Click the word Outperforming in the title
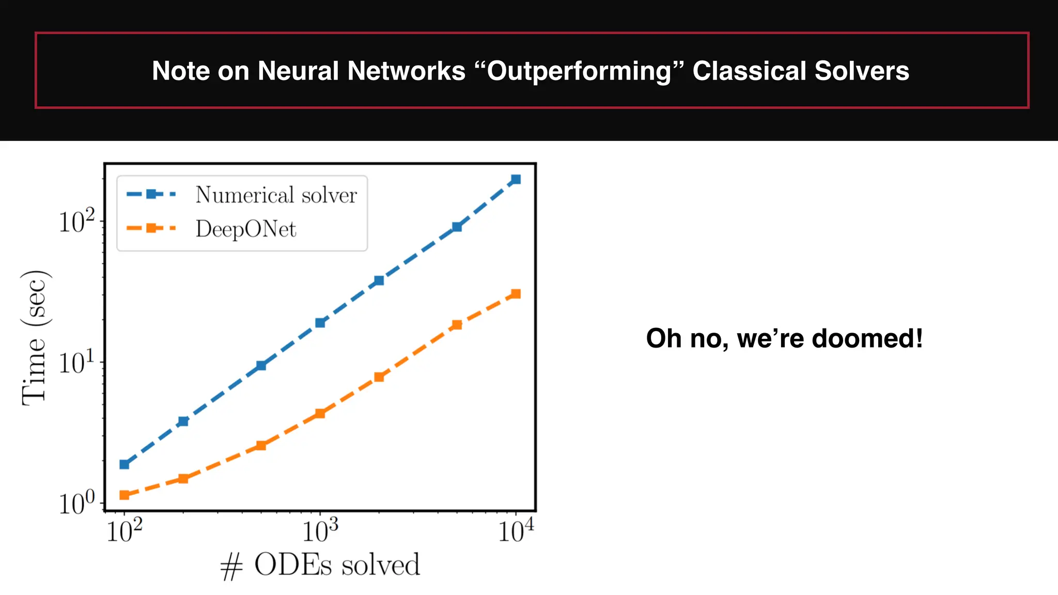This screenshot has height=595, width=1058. coord(579,71)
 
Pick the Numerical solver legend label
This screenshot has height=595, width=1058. coord(276,195)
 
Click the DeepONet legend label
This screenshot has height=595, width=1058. coord(246,229)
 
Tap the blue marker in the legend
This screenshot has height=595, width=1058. coord(151,194)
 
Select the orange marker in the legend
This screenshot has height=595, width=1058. coord(151,228)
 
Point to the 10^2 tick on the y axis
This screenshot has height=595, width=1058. coord(77,222)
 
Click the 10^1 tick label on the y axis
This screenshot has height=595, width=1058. coord(77,363)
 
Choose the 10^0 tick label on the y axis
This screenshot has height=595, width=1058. coord(77,503)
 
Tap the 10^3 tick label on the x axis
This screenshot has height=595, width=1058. coord(320,531)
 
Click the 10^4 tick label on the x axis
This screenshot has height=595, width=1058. coord(516,531)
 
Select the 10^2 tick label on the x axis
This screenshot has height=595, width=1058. coord(125,531)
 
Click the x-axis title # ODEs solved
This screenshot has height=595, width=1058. coord(320,565)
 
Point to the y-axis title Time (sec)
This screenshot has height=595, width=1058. coord(35,338)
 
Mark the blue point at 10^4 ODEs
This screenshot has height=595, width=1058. coord(516,180)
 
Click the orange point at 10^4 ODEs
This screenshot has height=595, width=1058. coord(516,294)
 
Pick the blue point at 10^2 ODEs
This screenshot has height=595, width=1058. coord(125,464)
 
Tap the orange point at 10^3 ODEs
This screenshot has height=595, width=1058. coord(320,413)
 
